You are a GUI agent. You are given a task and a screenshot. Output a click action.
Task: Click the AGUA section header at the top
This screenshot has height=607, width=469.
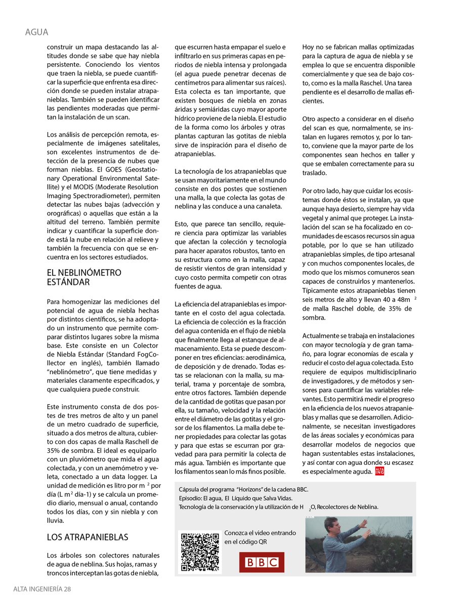pos(36,32)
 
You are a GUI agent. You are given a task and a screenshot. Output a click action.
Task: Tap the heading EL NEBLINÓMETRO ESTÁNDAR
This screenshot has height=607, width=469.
pos(83,277)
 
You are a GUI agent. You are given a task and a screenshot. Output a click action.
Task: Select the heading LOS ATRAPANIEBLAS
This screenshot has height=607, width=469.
pos(87,537)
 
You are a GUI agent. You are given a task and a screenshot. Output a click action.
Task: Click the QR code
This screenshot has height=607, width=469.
pos(200,552)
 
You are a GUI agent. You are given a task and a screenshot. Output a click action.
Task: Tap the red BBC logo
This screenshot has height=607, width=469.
pos(262,562)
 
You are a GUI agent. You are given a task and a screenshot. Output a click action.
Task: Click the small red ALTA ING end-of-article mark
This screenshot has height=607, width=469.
pos(379,471)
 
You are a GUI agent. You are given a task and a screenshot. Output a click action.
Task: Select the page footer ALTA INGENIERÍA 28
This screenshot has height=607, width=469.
pos(42,589)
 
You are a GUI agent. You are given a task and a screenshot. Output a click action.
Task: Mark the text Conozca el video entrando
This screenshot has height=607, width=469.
pos(261,533)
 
